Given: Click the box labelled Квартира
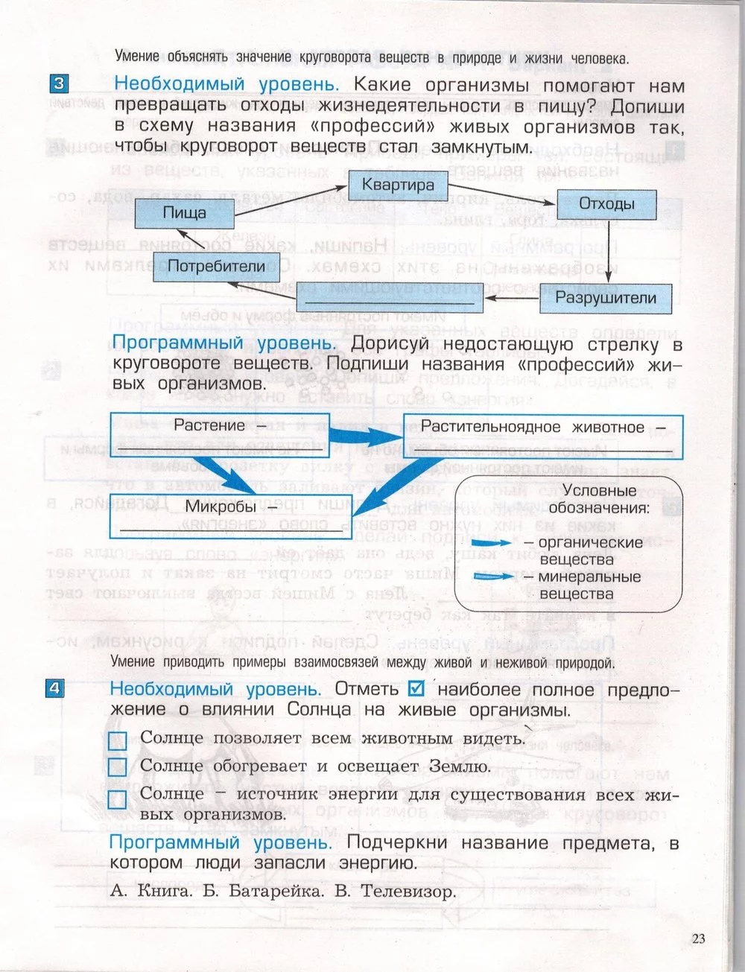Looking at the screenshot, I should coord(398,185).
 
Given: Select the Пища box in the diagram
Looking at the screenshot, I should coord(184,213).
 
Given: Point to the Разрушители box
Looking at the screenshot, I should coord(606,299).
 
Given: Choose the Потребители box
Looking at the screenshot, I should coord(216,266).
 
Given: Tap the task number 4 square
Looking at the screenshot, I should coord(56,688).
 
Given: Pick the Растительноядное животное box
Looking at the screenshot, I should coord(542,436).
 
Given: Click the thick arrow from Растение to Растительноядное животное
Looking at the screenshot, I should coord(366,434).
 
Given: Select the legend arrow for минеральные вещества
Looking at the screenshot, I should coord(497,578).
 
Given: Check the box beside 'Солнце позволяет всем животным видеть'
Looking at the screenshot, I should coord(118,740).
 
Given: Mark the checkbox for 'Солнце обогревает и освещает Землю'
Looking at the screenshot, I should coord(118,767).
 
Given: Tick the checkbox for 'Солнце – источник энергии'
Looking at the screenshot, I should coord(118,800).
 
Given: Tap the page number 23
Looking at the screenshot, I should coord(697,938).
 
